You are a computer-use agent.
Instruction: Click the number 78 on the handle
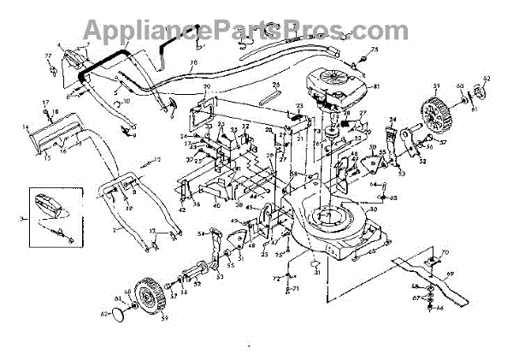click(193, 64)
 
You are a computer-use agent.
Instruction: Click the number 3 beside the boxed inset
click(21, 220)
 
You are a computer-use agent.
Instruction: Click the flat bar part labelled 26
click(273, 92)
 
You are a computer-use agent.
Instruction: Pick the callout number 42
click(182, 210)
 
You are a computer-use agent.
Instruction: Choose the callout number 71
click(296, 291)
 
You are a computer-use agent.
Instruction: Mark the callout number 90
click(206, 89)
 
